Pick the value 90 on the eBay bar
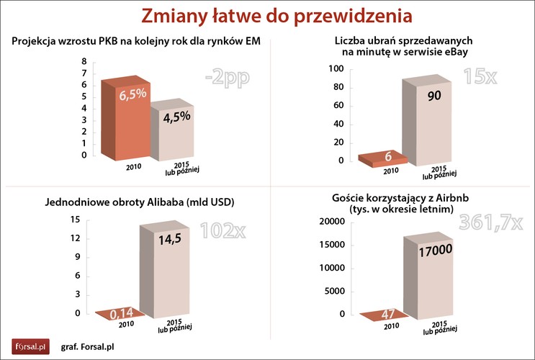[434, 96]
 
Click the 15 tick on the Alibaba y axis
[75, 219]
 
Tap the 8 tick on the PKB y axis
[84, 61]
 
